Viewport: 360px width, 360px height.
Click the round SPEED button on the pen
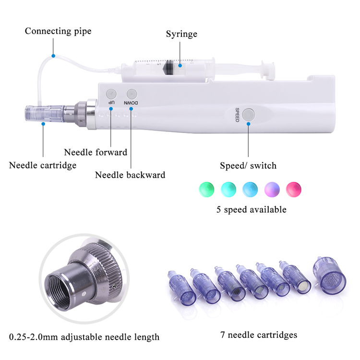pyautogui.click(x=249, y=115)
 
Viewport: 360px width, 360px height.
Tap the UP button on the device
pyautogui.click(x=111, y=95)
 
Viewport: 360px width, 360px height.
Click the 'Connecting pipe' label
pyautogui.click(x=58, y=31)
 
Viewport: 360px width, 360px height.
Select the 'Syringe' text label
pyautogui.click(x=181, y=34)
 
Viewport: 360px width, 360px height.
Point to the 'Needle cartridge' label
pyautogui.click(x=43, y=166)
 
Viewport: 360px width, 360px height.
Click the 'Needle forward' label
pyautogui.click(x=96, y=152)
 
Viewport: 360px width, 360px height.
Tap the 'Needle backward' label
pyautogui.click(x=130, y=175)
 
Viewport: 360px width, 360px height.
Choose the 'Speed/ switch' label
pyautogui.click(x=248, y=166)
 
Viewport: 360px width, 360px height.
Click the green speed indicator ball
pyautogui.click(x=205, y=189)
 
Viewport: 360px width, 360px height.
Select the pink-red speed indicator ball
pyautogui.click(x=293, y=189)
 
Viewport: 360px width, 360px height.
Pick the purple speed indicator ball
pyautogui.click(x=271, y=189)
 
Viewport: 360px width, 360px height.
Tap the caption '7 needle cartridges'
pyautogui.click(x=259, y=335)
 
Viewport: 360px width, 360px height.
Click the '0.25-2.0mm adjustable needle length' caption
pyautogui.click(x=84, y=337)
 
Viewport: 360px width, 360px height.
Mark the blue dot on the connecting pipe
pyautogui.click(x=53, y=56)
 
